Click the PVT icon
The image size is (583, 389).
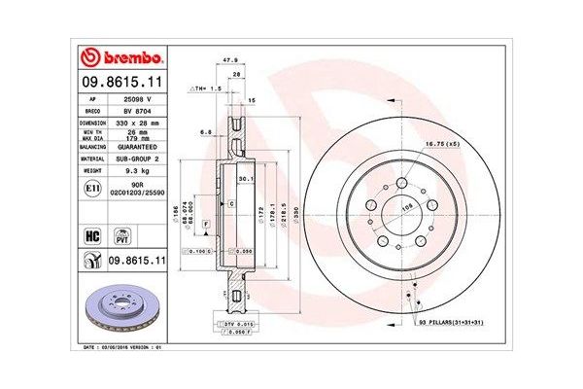122,235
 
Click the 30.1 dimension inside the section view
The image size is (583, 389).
246,178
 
